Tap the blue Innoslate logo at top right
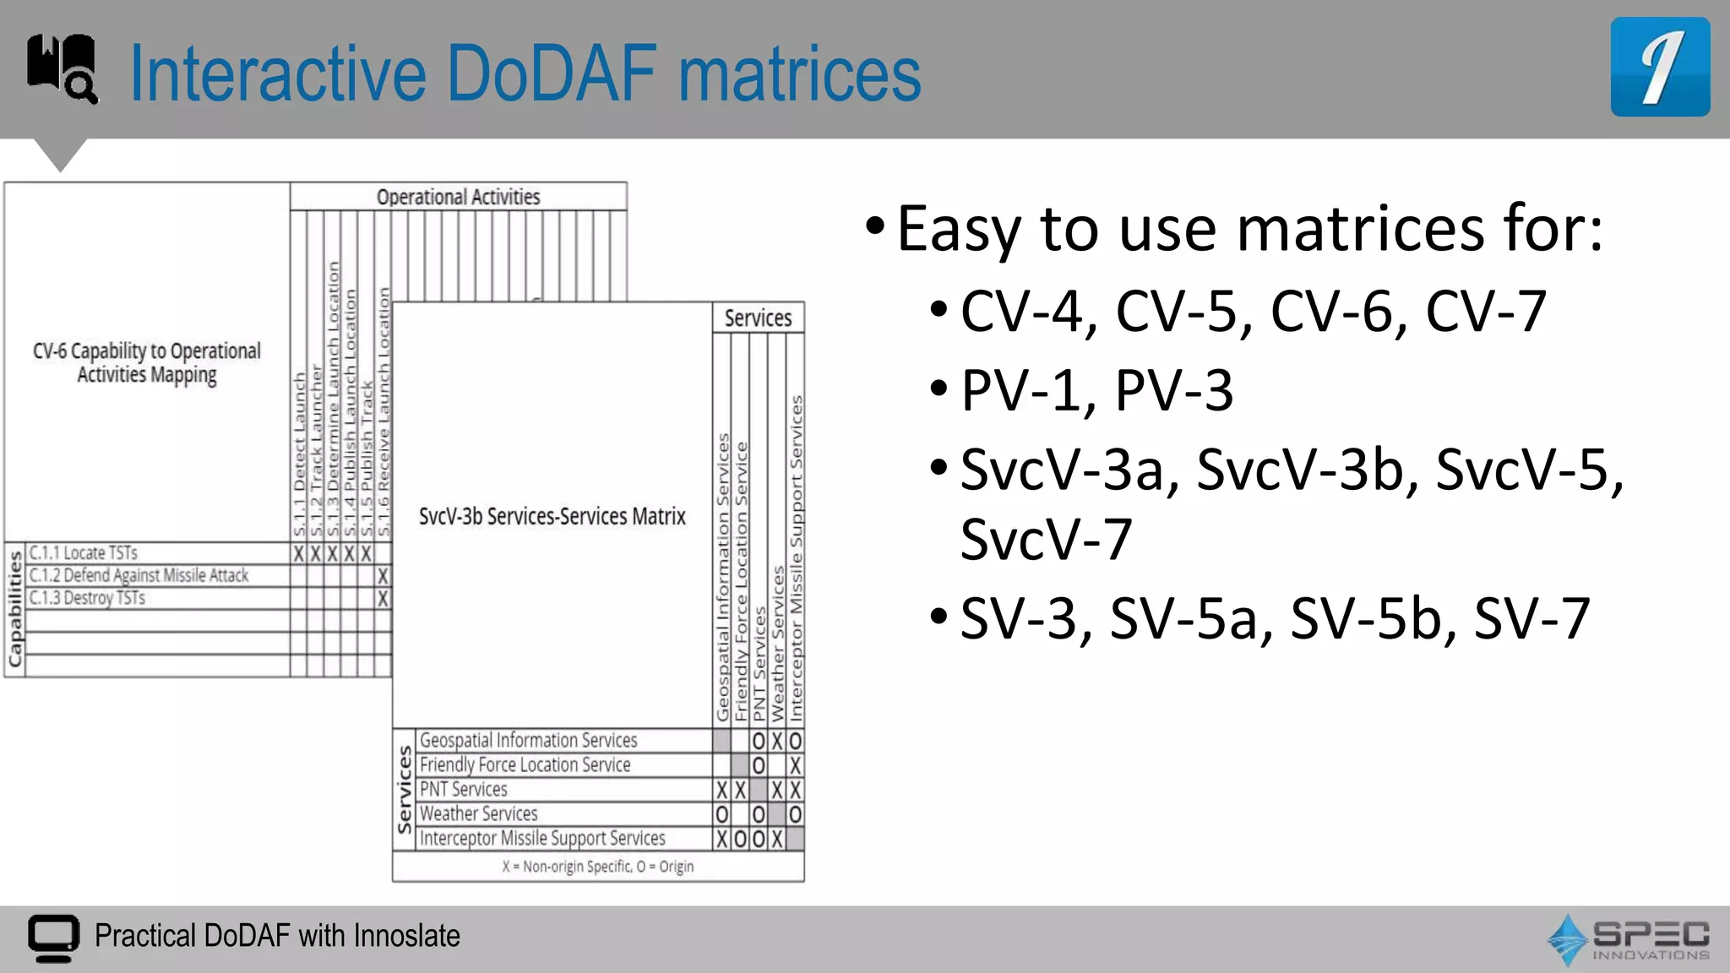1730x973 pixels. [1659, 68]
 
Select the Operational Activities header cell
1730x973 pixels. [458, 197]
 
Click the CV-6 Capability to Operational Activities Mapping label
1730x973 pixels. [147, 362]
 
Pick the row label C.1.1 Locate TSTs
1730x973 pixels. [84, 553]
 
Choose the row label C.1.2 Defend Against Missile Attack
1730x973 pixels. [139, 576]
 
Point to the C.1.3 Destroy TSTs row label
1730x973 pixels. [88, 598]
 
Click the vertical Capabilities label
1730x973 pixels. [14, 609]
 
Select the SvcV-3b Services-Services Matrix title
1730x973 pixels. [552, 516]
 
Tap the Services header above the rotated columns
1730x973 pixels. [758, 318]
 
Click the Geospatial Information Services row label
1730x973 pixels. [529, 741]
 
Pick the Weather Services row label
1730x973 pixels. [479, 814]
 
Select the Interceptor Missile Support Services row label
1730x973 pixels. [542, 839]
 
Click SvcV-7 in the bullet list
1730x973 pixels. [1046, 539]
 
